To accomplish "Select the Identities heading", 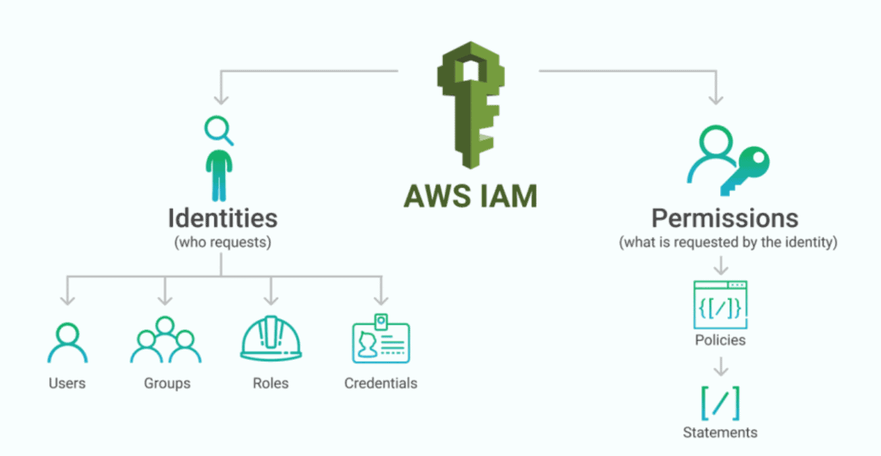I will [x=222, y=218].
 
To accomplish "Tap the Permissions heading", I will [x=724, y=218].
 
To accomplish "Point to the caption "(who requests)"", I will [x=223, y=243].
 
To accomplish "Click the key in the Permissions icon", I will [x=746, y=169].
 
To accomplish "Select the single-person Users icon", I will [x=67, y=343].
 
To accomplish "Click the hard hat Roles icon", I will [x=271, y=339].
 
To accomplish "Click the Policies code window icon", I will [x=720, y=304].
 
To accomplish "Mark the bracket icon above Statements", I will [x=720, y=403].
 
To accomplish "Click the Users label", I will [x=67, y=383].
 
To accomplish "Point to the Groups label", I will [x=167, y=383].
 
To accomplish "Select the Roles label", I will [x=271, y=383].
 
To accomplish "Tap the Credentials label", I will [x=381, y=383].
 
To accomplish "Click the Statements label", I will [x=720, y=432].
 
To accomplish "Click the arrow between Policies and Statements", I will [x=720, y=366].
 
